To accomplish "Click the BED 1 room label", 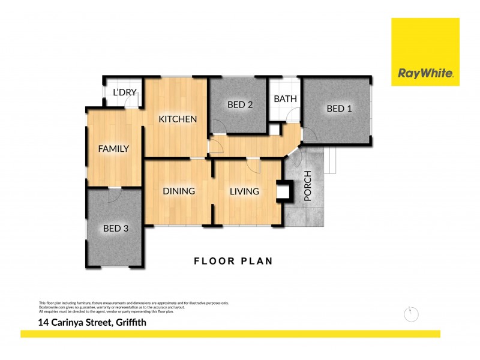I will tap(339, 109).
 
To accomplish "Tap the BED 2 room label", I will tap(240, 104).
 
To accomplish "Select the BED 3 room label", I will tap(116, 228).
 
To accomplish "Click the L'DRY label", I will tap(125, 92).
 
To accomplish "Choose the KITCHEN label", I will tap(178, 119).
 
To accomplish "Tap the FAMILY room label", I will tap(114, 149).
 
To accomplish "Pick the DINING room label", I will tap(179, 191).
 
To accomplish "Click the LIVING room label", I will tap(244, 191).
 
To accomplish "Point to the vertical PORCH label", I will tap(308, 186).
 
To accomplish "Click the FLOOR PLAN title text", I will tap(233, 261).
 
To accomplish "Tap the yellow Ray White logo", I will tap(425, 52).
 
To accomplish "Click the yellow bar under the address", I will tap(230, 334).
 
